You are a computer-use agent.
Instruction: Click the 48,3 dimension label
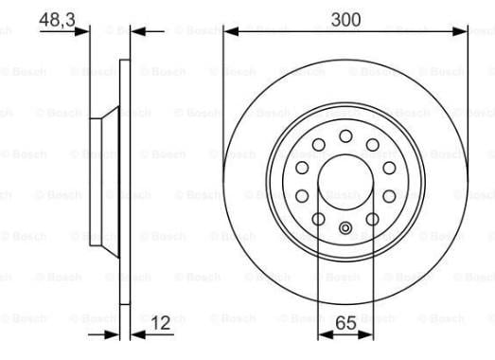[57, 20]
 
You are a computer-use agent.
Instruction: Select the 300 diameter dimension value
[345, 20]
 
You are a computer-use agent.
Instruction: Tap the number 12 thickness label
[161, 323]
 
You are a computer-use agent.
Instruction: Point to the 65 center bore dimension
[345, 323]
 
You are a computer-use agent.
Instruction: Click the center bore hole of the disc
[345, 183]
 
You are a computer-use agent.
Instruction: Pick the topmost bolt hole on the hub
[345, 136]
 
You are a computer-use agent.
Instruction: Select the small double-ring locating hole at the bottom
[345, 228]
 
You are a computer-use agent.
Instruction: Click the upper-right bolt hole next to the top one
[373, 145]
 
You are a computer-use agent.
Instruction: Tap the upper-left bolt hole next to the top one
[319, 145]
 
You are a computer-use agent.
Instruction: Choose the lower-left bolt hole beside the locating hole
[319, 219]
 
